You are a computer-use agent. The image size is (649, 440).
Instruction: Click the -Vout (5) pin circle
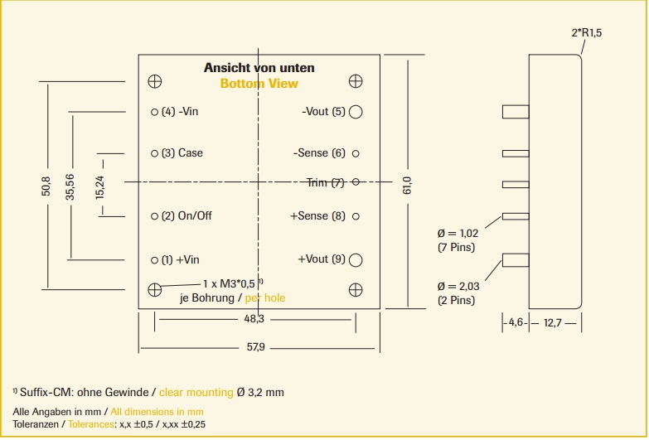356,112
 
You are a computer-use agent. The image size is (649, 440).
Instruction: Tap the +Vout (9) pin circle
356,259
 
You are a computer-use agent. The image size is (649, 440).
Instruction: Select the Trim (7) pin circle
356,182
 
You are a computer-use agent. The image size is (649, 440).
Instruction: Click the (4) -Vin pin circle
154,112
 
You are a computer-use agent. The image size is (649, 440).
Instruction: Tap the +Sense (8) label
317,216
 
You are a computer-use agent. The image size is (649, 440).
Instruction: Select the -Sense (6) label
319,153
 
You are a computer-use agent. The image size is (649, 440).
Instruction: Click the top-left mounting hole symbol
154,81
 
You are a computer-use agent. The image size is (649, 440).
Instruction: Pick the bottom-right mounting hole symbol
356,289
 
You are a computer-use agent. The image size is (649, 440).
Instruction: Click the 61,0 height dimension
407,184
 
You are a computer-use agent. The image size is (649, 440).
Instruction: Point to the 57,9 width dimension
255,347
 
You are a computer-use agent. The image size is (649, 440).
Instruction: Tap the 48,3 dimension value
254,319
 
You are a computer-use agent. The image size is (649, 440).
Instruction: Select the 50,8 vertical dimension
46,184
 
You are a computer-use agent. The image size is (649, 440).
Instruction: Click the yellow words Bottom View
259,84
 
